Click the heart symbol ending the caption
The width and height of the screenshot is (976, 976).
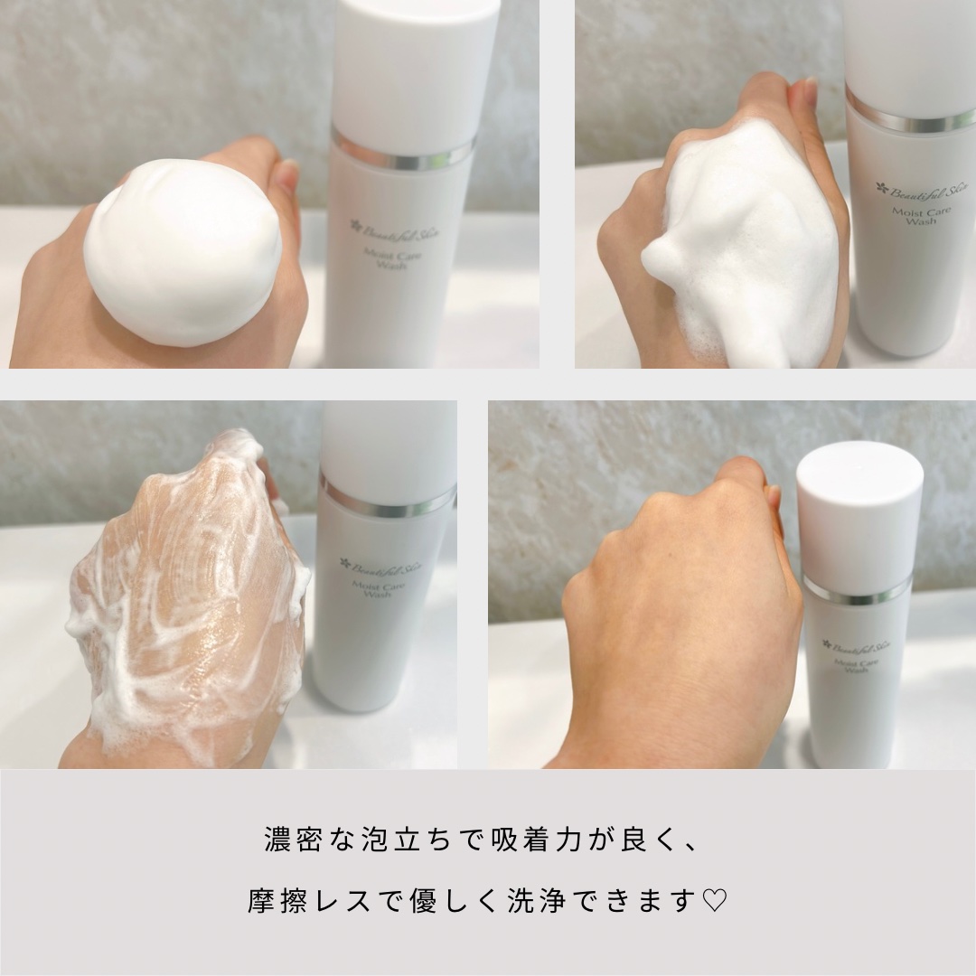point(715,901)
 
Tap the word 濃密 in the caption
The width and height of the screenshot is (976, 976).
point(286,840)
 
